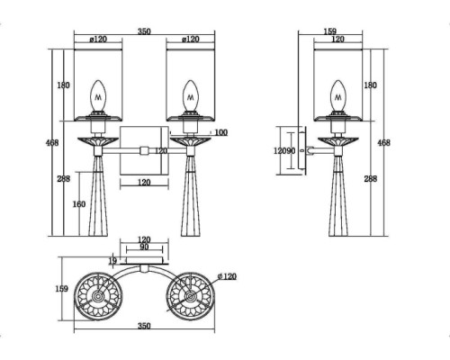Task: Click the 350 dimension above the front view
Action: (x=144, y=31)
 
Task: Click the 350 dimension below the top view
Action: (x=144, y=326)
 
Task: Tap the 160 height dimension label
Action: (x=79, y=204)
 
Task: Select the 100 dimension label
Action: (x=221, y=132)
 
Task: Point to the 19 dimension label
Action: (x=112, y=261)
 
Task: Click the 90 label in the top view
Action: (x=144, y=247)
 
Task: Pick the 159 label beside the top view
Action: (x=62, y=289)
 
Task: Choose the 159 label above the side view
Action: (x=330, y=31)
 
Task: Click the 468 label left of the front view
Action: (x=52, y=143)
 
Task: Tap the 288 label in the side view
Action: (x=371, y=179)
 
